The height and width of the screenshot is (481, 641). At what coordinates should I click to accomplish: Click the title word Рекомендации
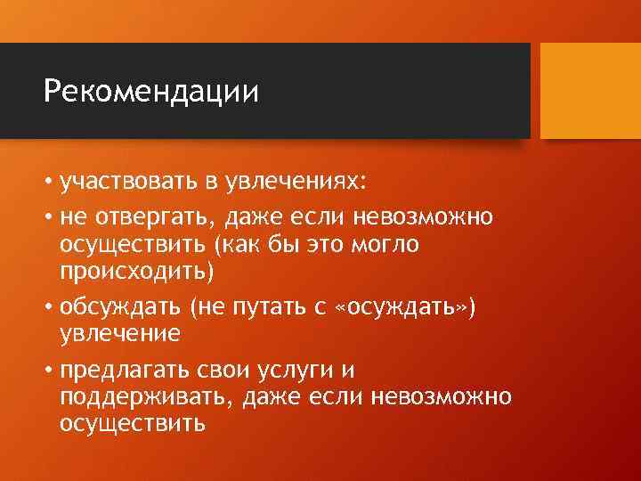[151, 92]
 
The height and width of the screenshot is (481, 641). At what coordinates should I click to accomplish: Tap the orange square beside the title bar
[590, 90]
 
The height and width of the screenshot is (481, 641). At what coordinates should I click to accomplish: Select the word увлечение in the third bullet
[120, 332]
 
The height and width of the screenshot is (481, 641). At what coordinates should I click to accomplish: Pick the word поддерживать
[142, 395]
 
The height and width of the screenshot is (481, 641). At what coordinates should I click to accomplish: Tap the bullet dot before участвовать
[49, 183]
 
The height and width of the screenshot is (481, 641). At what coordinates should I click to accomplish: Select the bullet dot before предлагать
[49, 371]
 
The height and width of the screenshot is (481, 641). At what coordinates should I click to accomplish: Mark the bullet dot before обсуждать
[49, 307]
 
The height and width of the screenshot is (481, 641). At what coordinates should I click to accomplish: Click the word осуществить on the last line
[133, 422]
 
